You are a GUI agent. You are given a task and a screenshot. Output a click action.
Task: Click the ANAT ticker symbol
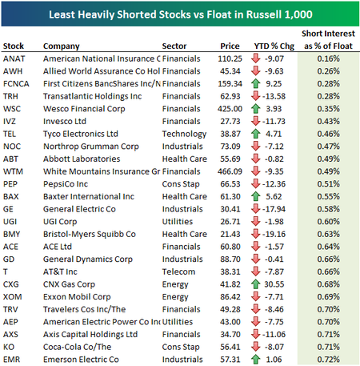point(14,58)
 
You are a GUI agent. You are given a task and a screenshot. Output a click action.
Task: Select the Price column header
point(230,46)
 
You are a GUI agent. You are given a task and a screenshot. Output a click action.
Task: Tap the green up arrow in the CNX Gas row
point(255,284)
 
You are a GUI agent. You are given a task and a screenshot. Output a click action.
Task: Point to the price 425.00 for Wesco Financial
point(230,109)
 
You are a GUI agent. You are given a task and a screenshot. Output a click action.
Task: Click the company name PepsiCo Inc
point(66,184)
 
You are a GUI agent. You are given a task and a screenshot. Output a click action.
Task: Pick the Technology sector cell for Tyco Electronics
point(184,135)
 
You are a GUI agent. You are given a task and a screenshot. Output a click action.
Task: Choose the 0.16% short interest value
point(329,58)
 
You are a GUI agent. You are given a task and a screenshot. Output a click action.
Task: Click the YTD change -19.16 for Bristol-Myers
point(274,235)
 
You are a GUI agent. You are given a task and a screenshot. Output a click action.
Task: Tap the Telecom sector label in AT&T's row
point(178,272)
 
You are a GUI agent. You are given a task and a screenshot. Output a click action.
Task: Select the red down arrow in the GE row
point(255,209)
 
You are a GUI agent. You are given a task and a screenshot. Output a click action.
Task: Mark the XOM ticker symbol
point(13,297)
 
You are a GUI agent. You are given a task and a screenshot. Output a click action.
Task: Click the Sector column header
point(174,46)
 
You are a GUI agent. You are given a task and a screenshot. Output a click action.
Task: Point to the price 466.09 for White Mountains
point(230,171)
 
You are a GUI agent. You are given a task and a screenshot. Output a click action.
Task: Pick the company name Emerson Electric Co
point(81,360)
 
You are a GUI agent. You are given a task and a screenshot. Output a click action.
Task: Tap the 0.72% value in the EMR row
point(329,360)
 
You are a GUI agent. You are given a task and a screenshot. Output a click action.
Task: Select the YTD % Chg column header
point(274,46)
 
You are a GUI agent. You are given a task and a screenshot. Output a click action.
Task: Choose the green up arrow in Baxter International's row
point(255,196)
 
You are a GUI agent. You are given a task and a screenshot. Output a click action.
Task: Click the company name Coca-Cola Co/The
point(78,347)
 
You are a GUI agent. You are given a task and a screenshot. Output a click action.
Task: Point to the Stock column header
point(14,46)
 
